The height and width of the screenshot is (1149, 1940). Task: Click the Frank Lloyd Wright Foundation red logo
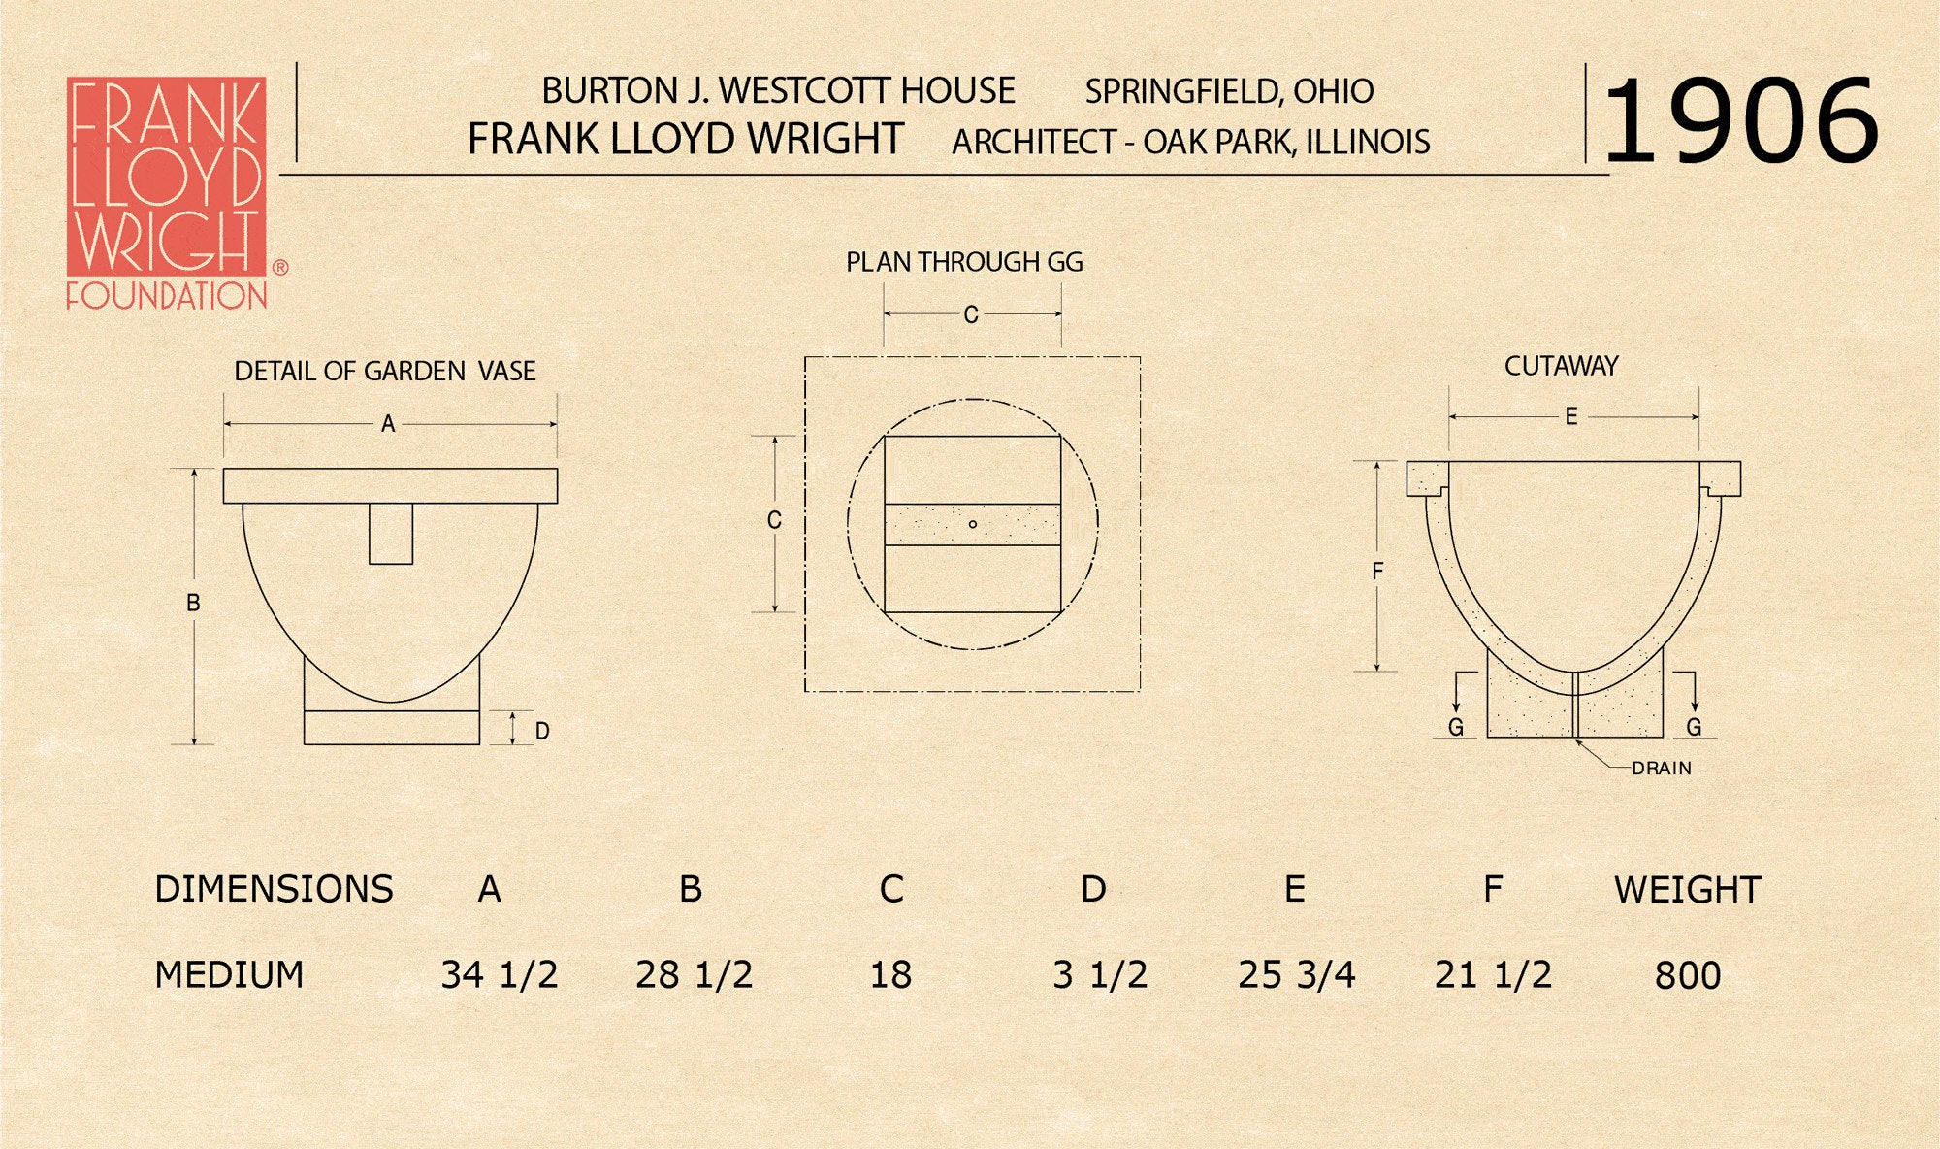point(167,193)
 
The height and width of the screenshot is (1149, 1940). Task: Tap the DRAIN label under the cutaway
point(1662,769)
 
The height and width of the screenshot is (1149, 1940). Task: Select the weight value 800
point(1688,975)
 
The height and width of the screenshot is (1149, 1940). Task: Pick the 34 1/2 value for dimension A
point(500,974)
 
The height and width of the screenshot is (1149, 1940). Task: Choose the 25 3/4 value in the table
point(1296,974)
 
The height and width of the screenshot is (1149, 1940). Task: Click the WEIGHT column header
point(1688,890)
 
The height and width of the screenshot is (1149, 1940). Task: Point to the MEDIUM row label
point(229,974)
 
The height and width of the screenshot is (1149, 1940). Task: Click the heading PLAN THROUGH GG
point(964,262)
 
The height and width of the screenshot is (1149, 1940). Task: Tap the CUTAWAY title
point(1562,366)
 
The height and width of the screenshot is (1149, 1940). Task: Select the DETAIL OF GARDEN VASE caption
point(385,371)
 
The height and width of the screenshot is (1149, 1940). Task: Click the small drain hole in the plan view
point(973,525)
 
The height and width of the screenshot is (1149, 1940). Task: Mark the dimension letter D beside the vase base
point(542,731)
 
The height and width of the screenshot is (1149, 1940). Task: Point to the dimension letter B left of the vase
point(193,604)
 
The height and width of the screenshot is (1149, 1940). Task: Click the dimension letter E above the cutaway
point(1571,416)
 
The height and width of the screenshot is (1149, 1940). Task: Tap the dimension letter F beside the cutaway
point(1377,572)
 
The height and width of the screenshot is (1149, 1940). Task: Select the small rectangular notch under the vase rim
point(391,533)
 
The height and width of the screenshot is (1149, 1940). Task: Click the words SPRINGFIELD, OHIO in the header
point(1229,91)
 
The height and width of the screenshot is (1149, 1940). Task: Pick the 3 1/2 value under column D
point(1100,974)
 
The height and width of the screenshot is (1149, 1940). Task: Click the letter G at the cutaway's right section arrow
point(1694,727)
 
